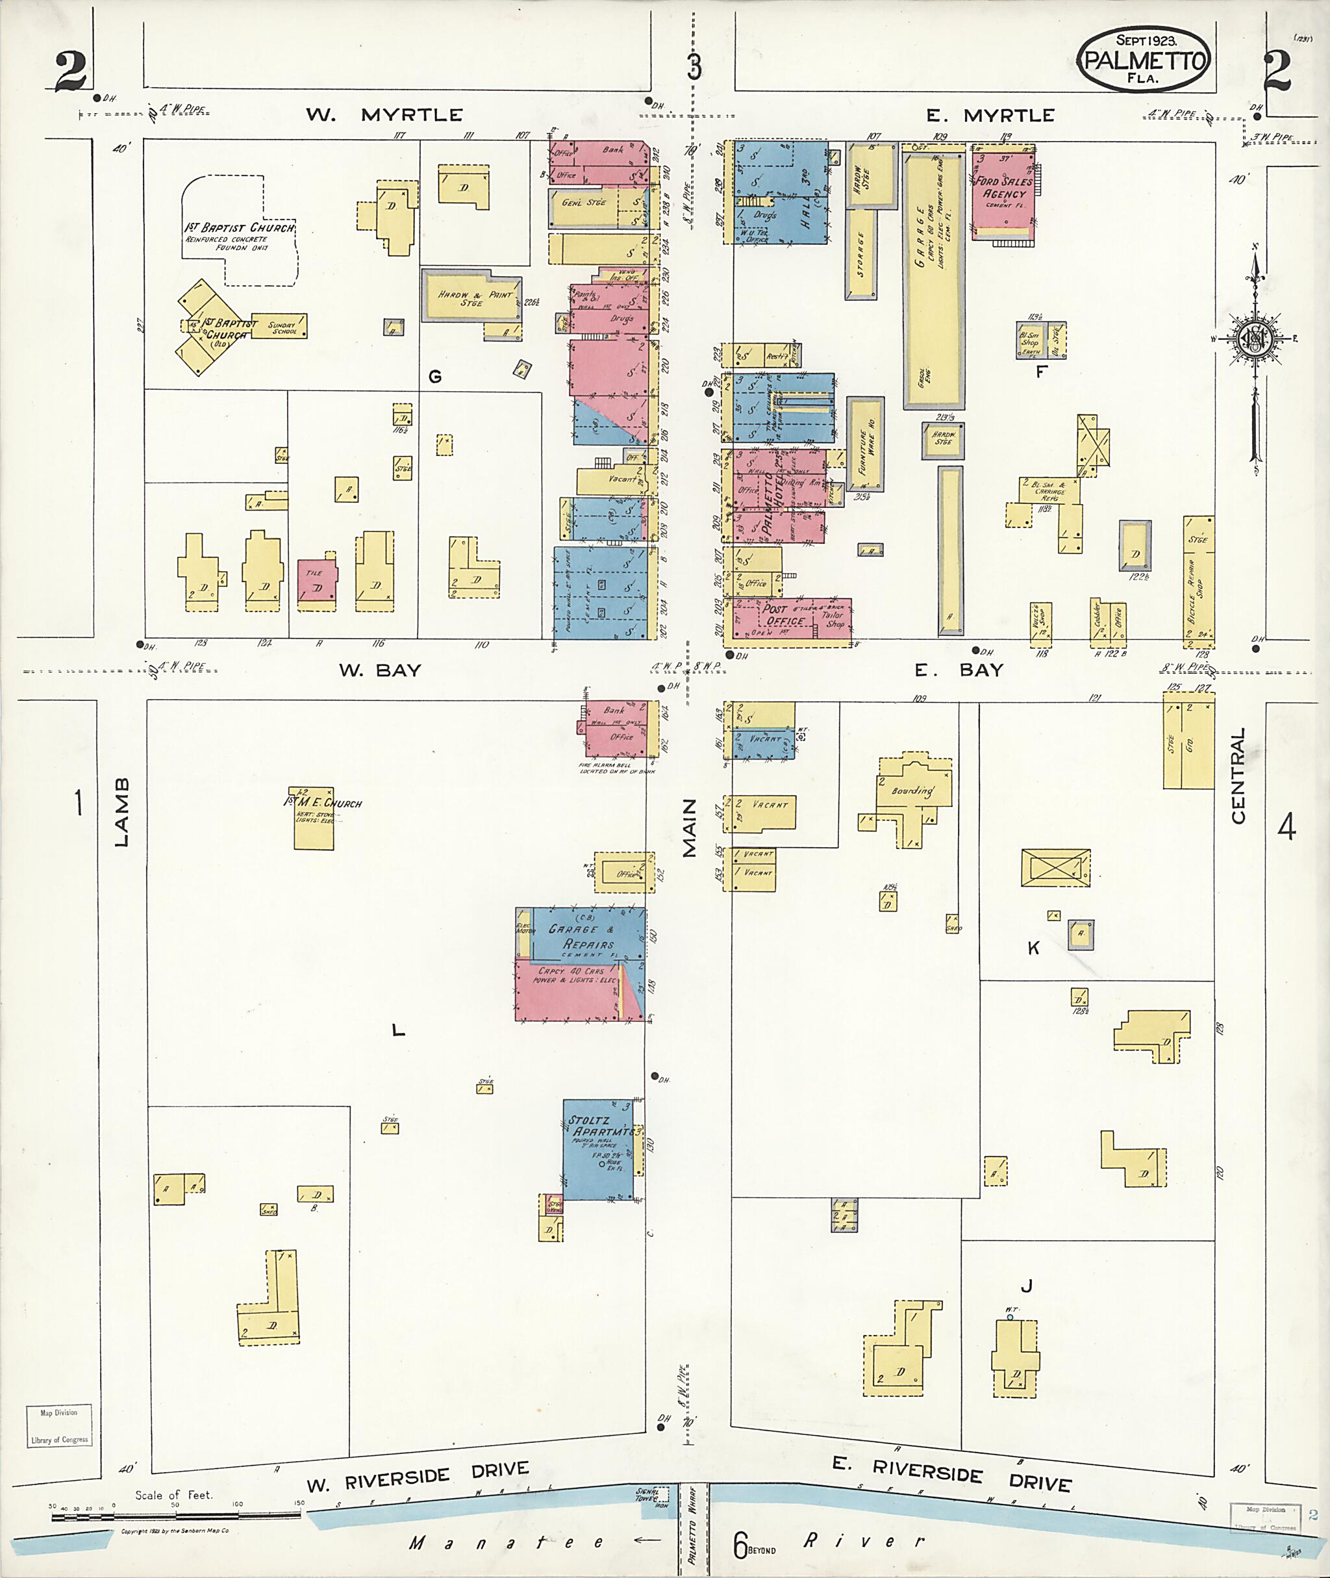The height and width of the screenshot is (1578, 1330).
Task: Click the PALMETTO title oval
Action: pos(1144,59)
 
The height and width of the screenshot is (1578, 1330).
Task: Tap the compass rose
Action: pos(1255,339)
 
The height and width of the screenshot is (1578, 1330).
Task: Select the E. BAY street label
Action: pos(959,670)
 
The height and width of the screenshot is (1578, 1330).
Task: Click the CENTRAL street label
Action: pos(1238,776)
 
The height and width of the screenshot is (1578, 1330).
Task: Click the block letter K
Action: pos(1034,948)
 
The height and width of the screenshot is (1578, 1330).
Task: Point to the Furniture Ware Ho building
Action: pos(865,445)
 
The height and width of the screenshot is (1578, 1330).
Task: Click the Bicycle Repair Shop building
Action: pos(1198,581)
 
